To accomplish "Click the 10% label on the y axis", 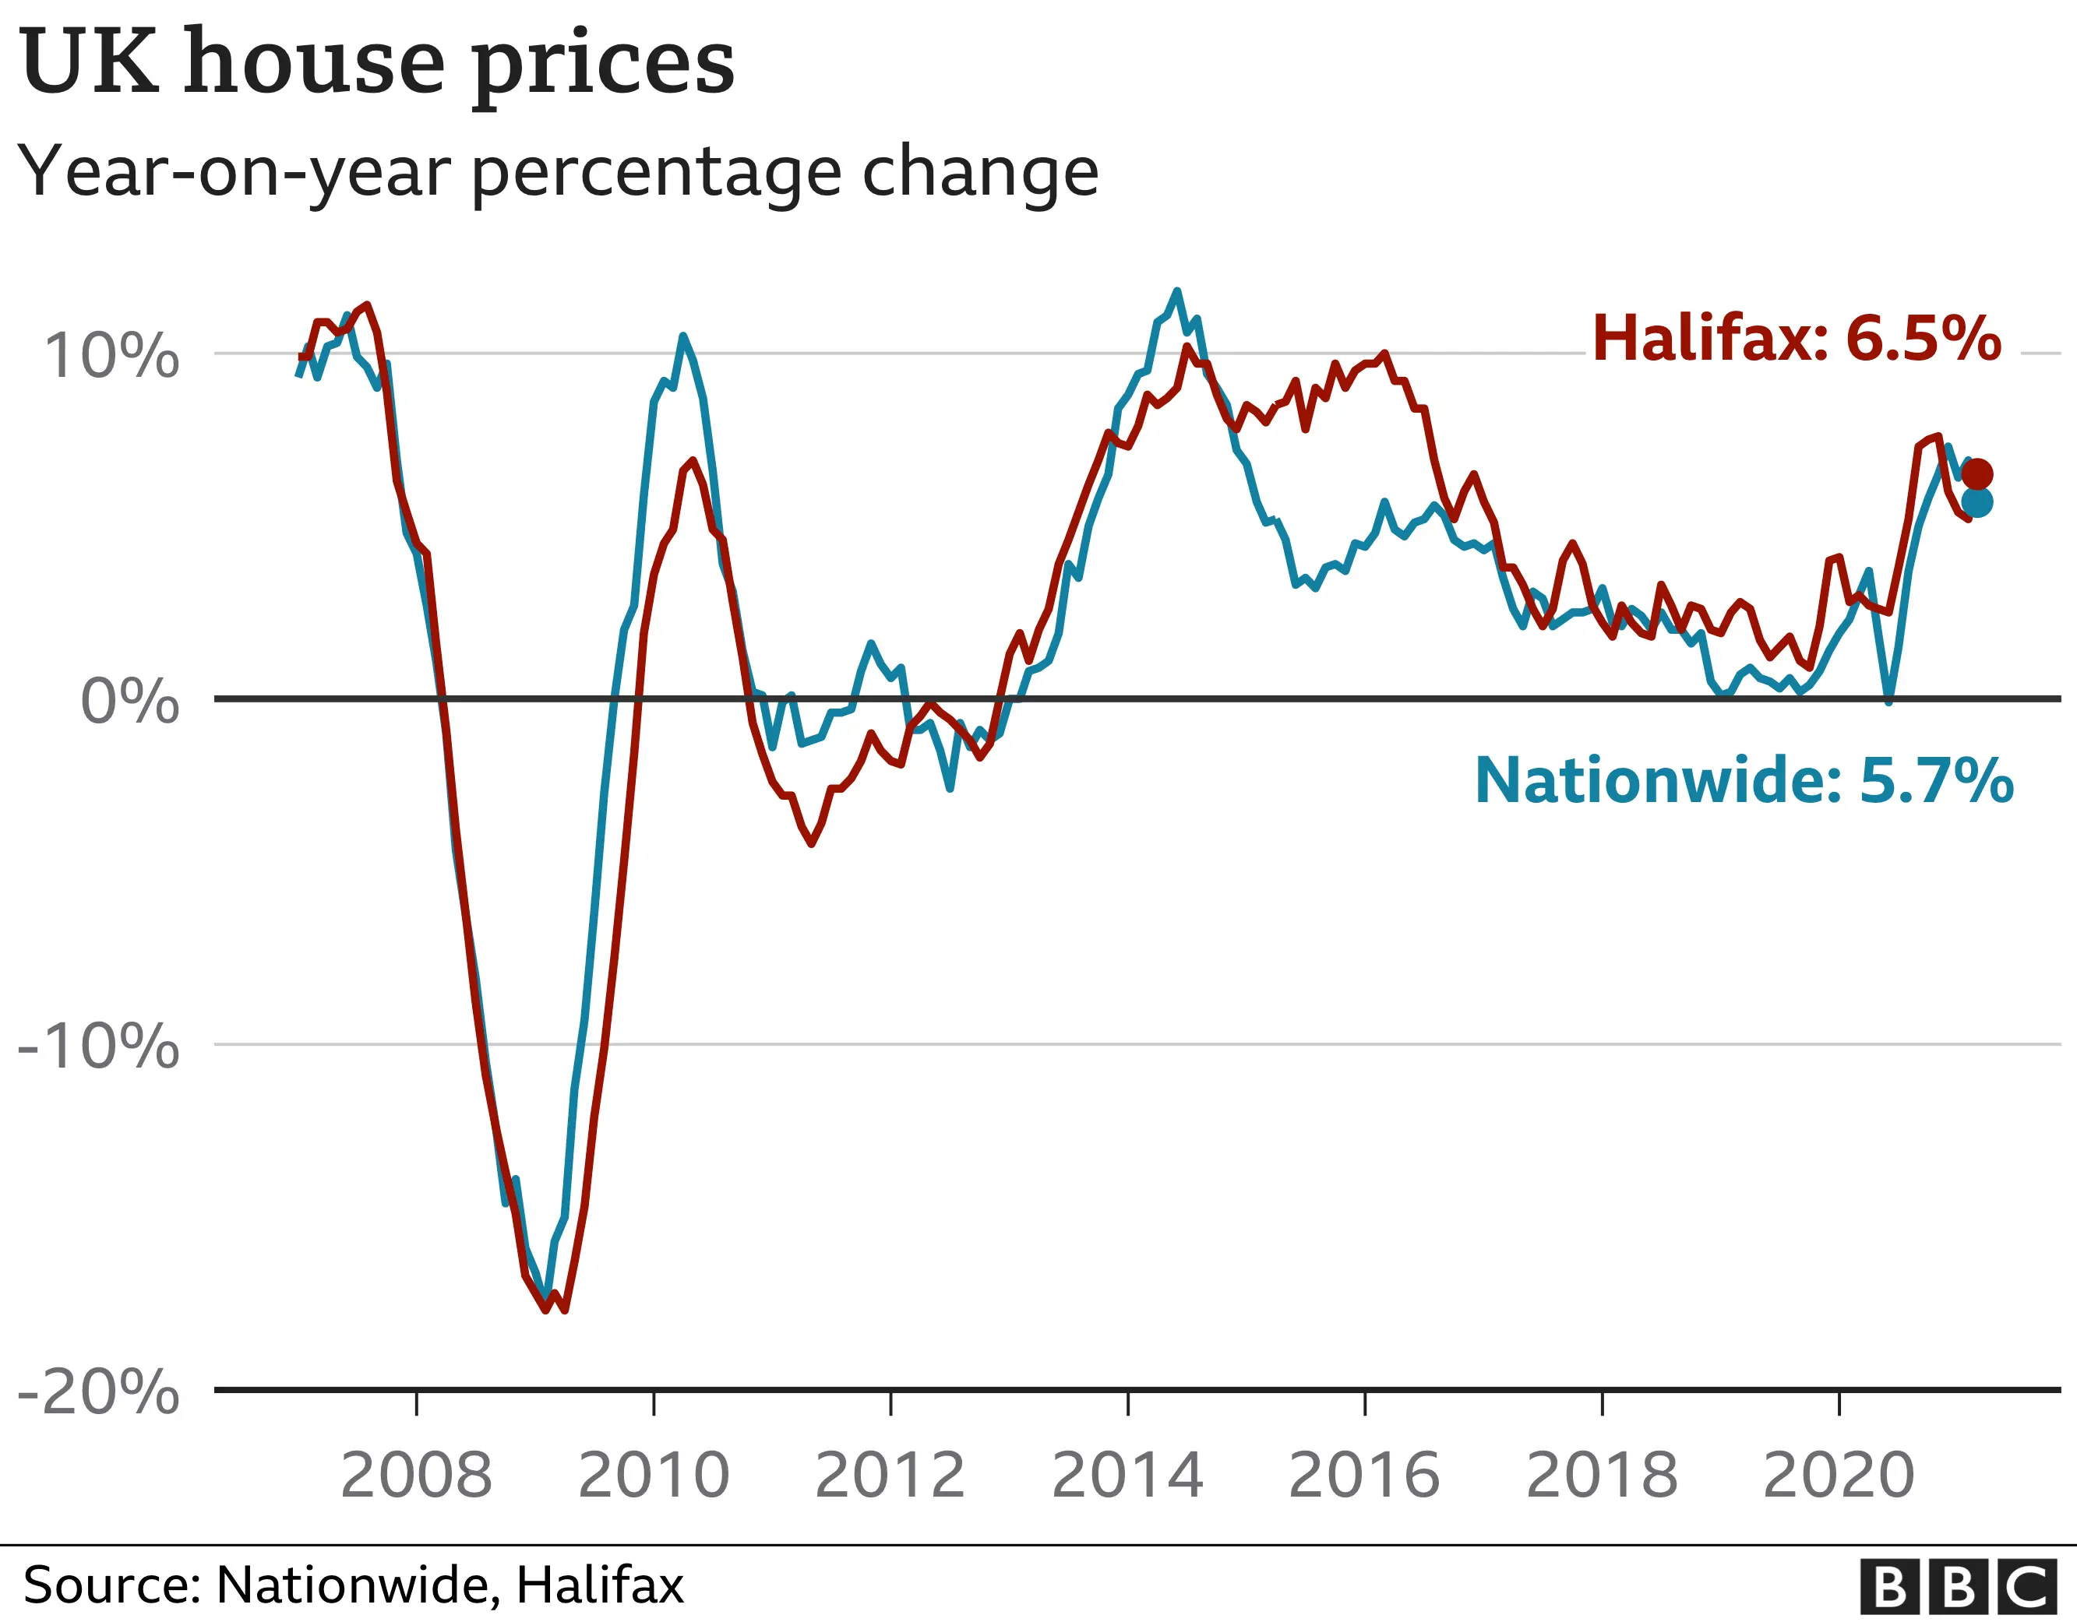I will coord(112,357).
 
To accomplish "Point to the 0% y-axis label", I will coord(130,702).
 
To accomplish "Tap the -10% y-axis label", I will coord(99,1047).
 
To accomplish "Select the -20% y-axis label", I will coord(99,1393).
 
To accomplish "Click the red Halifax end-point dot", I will coord(1977,473).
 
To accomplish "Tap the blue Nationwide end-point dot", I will coord(1977,502).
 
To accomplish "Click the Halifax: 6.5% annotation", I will coord(1797,337).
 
